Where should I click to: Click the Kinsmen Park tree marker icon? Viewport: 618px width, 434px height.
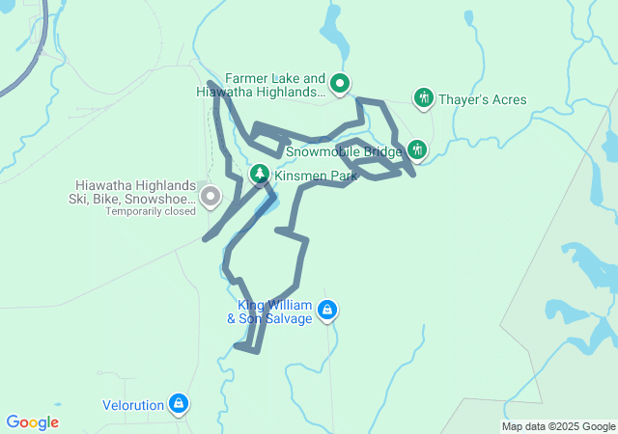[x=259, y=175]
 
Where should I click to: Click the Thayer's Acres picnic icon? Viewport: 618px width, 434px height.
[x=423, y=98]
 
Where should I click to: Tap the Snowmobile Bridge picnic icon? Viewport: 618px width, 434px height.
[x=417, y=150]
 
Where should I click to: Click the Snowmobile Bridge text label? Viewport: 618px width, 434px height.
[x=343, y=151]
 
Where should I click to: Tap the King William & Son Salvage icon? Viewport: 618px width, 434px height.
[x=327, y=310]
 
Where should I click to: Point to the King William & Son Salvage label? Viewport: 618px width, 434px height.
[x=269, y=312]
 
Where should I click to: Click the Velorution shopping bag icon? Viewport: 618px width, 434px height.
[x=178, y=403]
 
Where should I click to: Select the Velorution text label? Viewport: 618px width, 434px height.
[x=132, y=405]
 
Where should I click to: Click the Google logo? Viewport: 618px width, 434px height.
[x=32, y=422]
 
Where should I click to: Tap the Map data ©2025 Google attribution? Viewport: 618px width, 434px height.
[x=558, y=426]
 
